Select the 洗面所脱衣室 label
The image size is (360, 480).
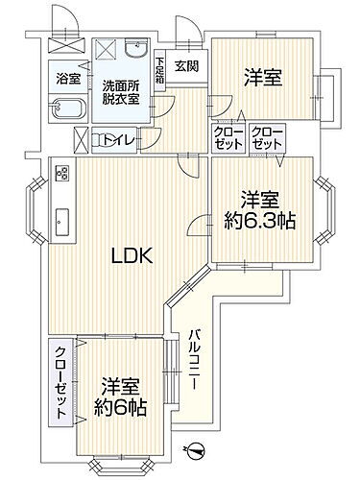(122, 91)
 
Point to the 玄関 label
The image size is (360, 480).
(185, 65)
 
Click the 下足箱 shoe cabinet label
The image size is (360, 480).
(160, 72)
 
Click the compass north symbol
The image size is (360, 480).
(198, 447)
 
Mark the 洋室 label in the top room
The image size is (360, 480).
(261, 77)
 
